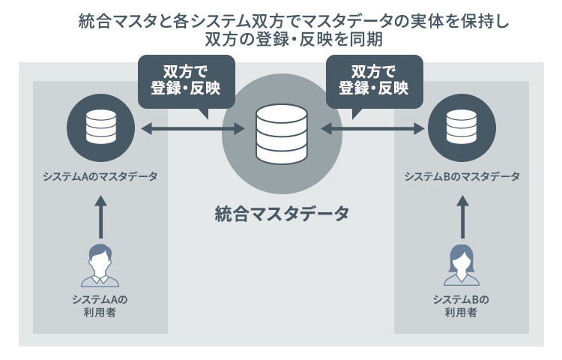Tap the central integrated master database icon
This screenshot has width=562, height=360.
click(x=281, y=134)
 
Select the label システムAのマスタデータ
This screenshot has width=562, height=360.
click(x=100, y=176)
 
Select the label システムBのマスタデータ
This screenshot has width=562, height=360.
click(x=462, y=176)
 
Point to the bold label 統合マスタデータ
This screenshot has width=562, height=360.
click(x=282, y=214)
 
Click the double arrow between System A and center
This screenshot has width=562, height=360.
click(x=193, y=130)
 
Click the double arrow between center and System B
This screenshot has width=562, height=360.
click(x=372, y=130)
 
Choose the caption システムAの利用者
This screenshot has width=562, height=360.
click(x=100, y=306)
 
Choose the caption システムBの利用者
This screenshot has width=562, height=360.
click(x=462, y=306)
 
